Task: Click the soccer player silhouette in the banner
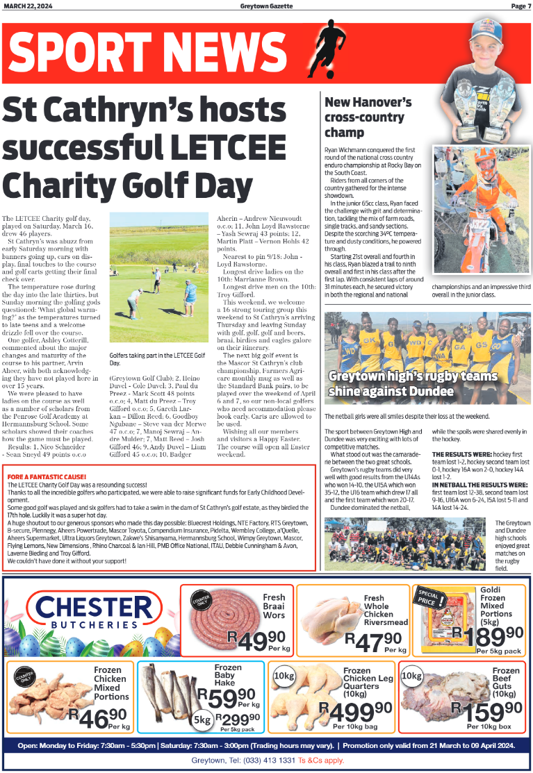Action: click(328, 47)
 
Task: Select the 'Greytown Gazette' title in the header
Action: click(265, 6)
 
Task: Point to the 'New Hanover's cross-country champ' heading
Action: click(368, 117)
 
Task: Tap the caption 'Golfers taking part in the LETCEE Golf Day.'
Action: click(157, 359)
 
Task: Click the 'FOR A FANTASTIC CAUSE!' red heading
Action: click(47, 476)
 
